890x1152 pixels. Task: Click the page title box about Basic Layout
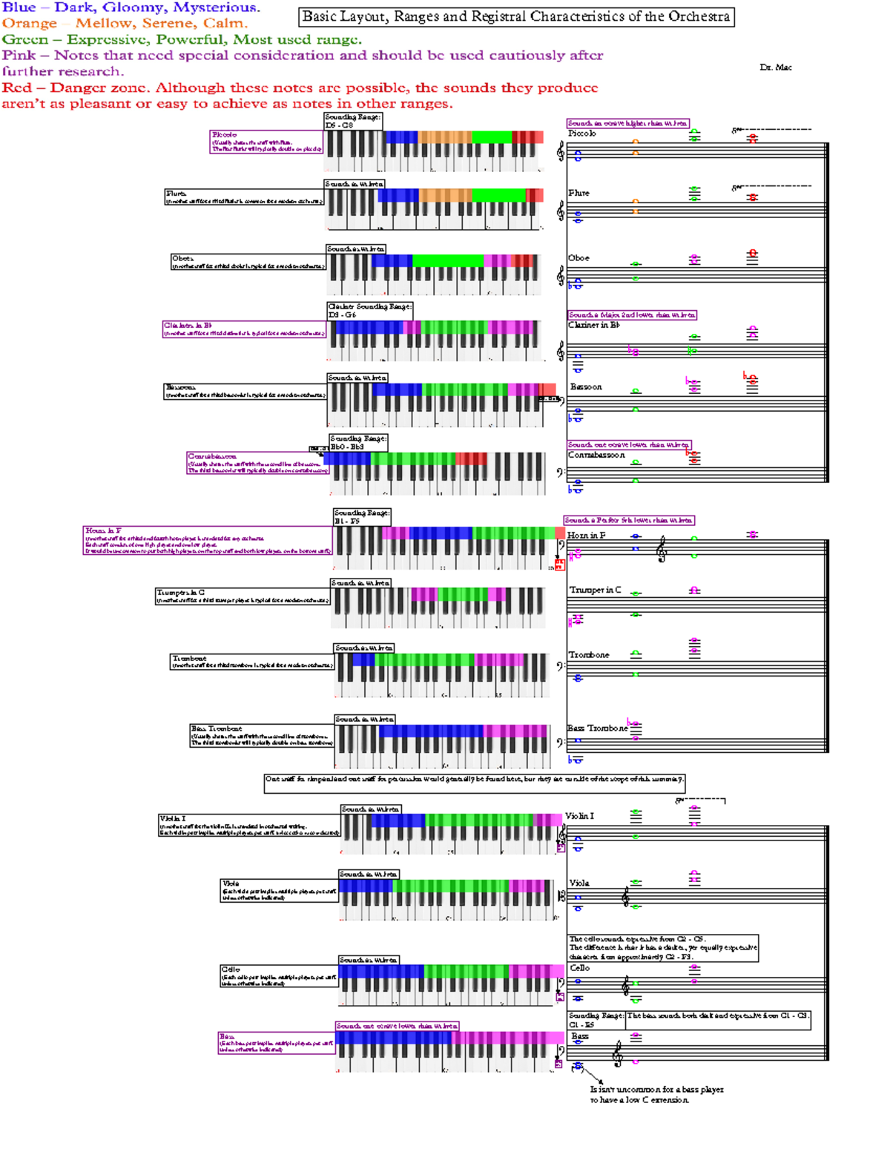coord(516,17)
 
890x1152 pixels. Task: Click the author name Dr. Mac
coord(775,68)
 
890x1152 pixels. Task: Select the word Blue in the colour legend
coord(19,7)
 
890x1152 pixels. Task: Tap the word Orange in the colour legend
coord(29,24)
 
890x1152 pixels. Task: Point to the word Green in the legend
coord(24,40)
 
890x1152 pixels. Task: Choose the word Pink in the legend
coord(19,56)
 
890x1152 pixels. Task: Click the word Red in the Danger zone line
coord(16,88)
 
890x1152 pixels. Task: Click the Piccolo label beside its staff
coord(582,134)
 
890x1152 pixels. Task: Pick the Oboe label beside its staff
coord(578,258)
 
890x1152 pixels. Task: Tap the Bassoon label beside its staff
coord(586,387)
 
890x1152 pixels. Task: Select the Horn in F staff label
coord(586,536)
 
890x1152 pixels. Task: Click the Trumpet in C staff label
coord(595,590)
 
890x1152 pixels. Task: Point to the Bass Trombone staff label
coord(597,728)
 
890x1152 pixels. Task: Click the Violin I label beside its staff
coord(579,816)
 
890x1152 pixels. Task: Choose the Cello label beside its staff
coord(579,968)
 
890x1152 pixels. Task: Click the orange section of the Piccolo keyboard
coord(445,137)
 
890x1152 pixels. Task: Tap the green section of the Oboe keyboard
coord(447,261)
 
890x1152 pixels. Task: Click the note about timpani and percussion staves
coord(475,780)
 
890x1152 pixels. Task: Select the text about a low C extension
coord(656,1095)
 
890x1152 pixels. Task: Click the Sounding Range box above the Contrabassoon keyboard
coord(358,443)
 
